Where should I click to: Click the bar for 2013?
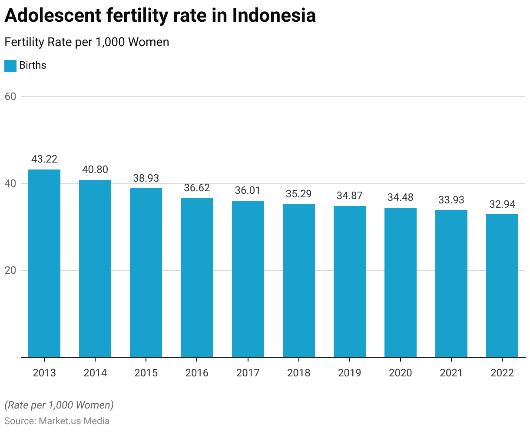[44, 263]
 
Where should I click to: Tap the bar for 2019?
[350, 281]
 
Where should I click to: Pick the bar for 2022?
[502, 286]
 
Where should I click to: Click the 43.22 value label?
[44, 159]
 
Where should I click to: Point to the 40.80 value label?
[95, 169]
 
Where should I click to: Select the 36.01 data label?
[248, 190]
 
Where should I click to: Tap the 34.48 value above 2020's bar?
[401, 197]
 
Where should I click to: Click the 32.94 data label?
[502, 204]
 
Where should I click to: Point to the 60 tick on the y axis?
[10, 96]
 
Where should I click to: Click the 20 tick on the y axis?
[10, 270]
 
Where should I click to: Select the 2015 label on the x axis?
[146, 373]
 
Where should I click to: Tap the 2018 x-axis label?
[299, 373]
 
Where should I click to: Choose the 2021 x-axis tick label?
[451, 373]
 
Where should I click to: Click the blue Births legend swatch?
[10, 66]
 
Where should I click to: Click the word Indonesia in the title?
[274, 16]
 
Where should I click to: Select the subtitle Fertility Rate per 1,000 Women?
[86, 42]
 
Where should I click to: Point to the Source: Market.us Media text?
[57, 421]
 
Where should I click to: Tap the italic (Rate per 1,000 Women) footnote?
[59, 405]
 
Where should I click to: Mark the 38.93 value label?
[146, 178]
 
